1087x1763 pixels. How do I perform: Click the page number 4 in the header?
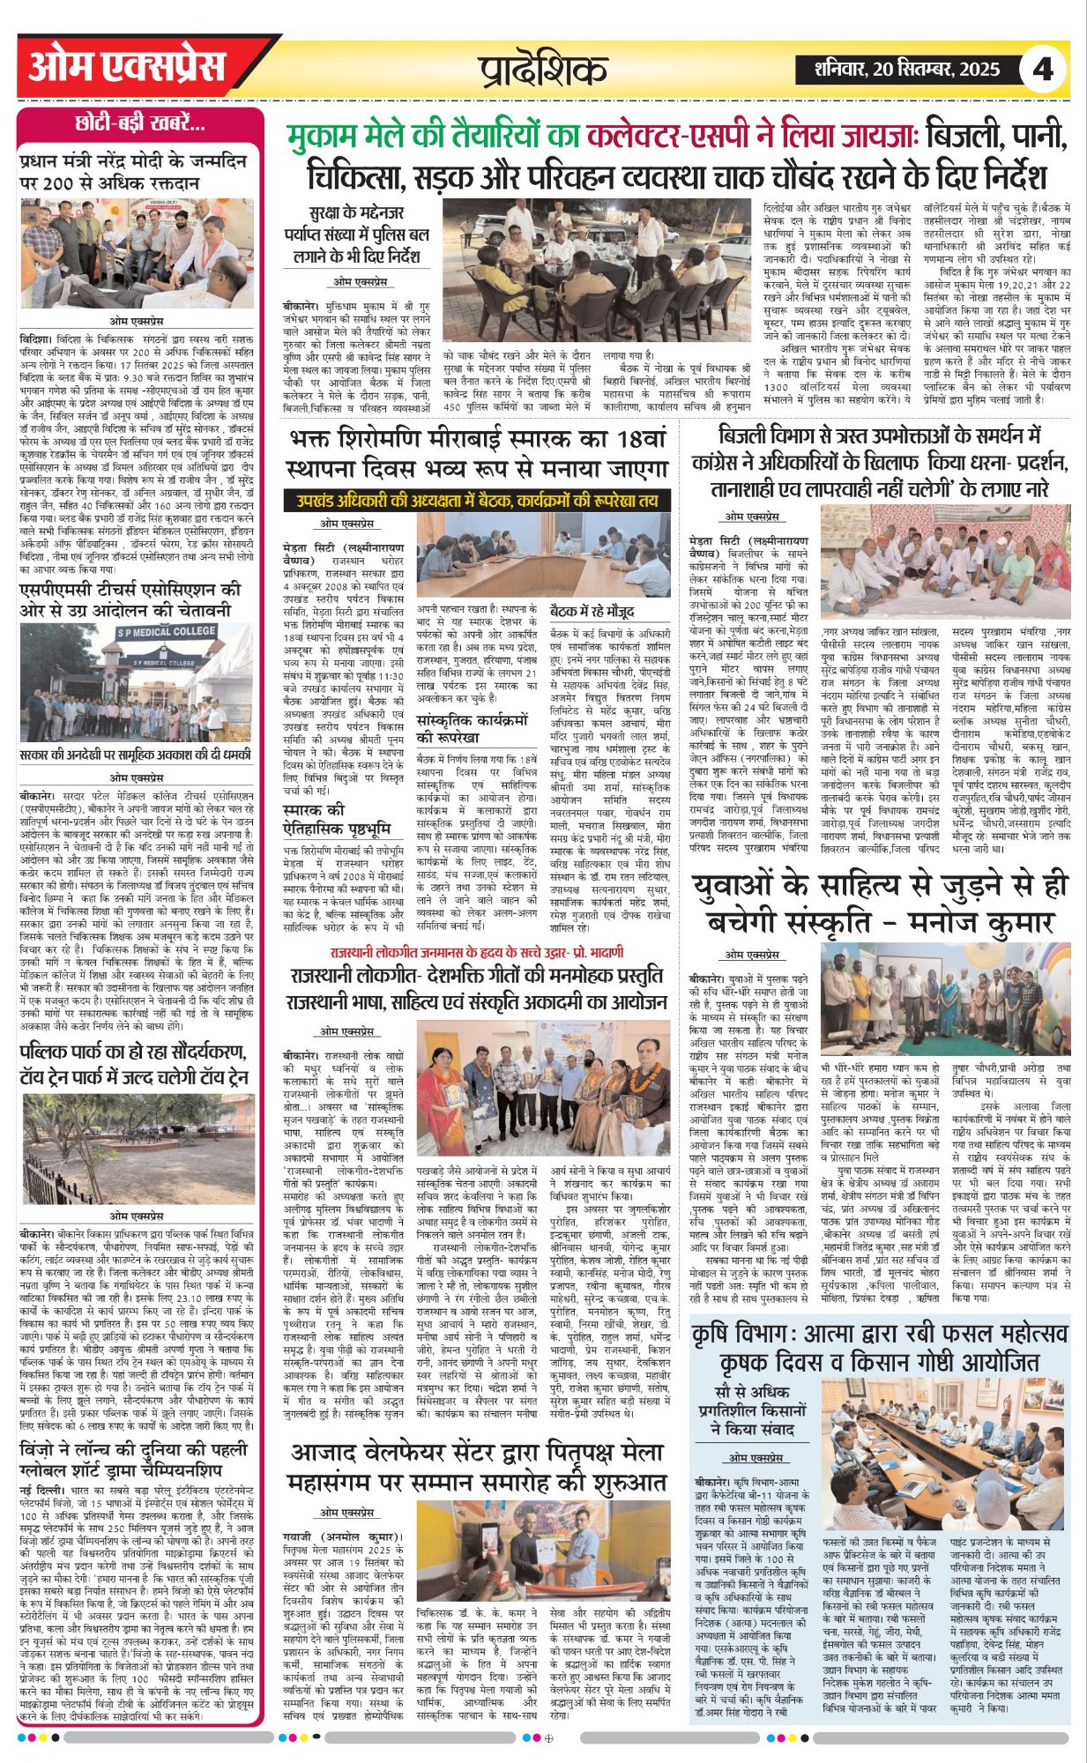(x=1043, y=69)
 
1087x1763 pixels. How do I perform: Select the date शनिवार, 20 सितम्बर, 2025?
(x=897, y=70)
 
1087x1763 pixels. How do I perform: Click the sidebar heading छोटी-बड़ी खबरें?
(x=140, y=123)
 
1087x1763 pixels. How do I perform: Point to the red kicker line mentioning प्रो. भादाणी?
(x=477, y=952)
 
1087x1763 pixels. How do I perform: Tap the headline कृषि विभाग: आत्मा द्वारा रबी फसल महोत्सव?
(x=879, y=1346)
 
